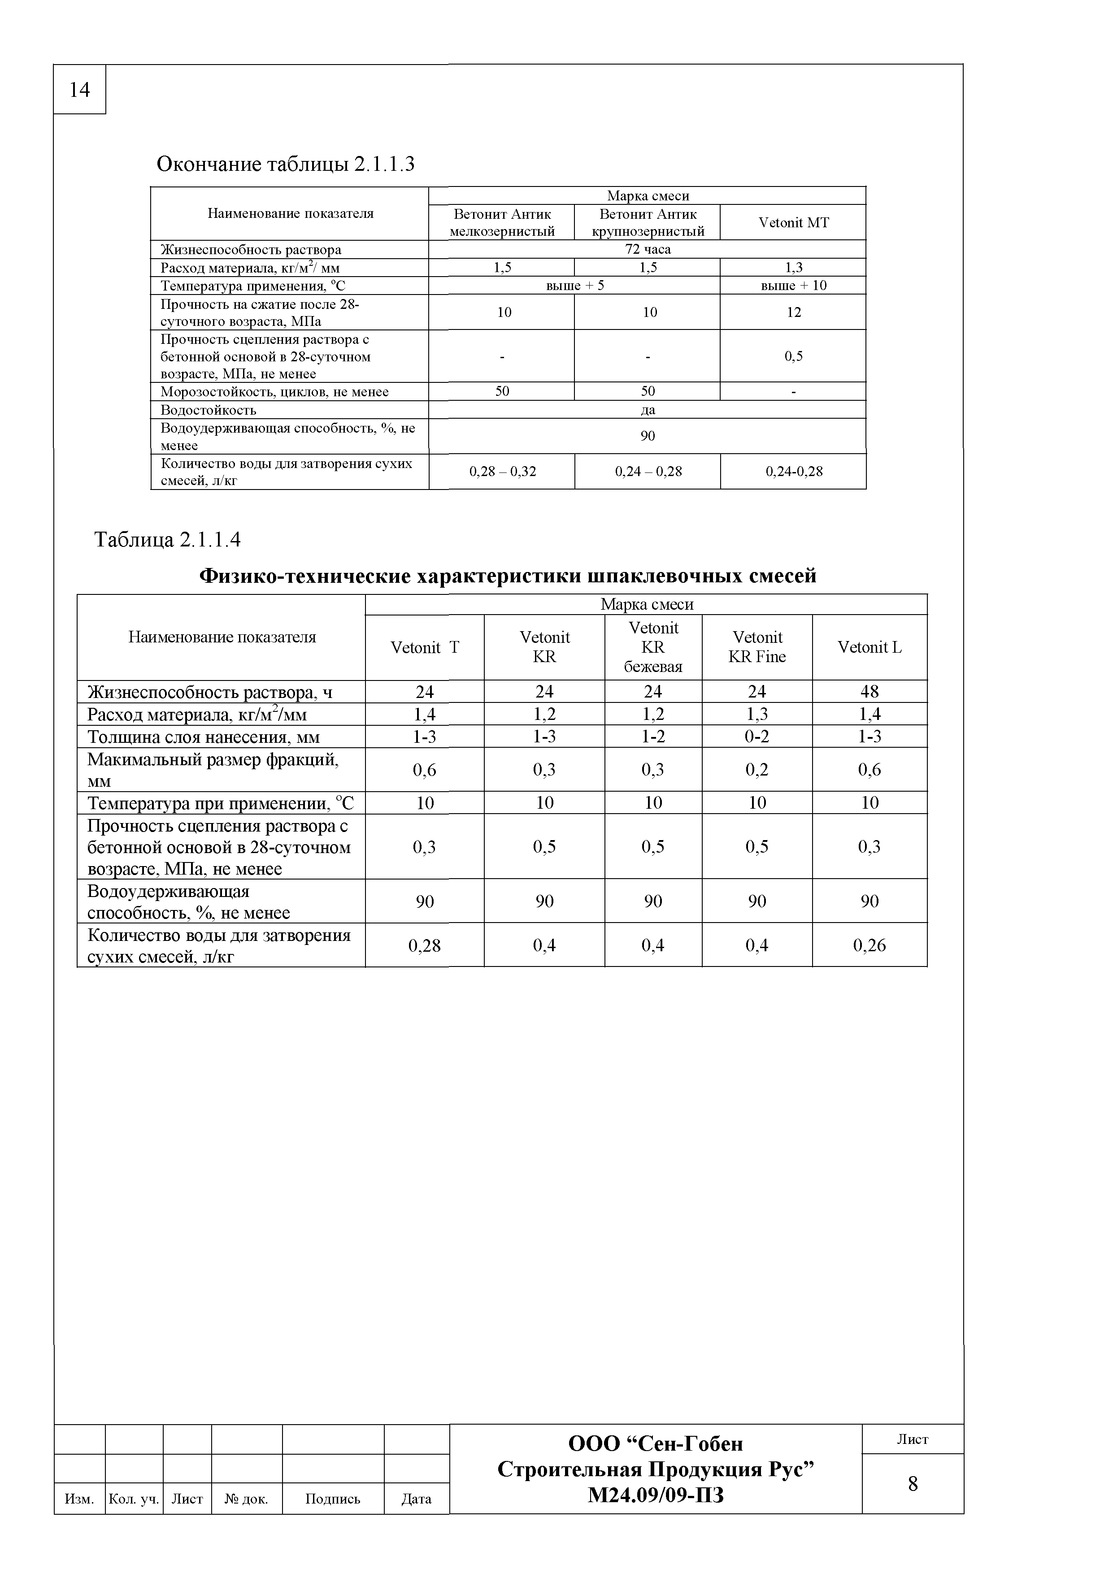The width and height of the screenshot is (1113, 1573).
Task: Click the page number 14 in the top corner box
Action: tap(79, 90)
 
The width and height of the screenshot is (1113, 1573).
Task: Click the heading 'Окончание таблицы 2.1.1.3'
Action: tap(286, 165)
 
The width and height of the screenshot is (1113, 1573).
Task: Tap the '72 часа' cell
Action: tap(648, 249)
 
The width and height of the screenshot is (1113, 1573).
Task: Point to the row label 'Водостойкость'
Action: tap(209, 410)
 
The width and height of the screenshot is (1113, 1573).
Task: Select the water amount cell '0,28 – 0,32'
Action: tap(502, 471)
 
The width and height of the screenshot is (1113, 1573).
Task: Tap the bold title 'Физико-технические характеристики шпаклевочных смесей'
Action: tap(508, 576)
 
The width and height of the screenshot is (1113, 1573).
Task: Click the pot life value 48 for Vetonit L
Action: tap(869, 691)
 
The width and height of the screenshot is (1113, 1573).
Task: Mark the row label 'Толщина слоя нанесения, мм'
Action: tap(204, 737)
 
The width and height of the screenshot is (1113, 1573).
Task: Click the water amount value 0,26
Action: tap(869, 945)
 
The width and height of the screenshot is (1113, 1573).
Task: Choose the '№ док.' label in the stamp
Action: tap(246, 1499)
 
